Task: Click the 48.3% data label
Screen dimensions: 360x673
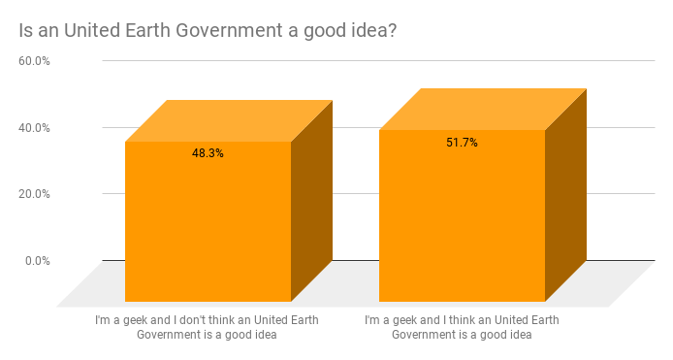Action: (208, 153)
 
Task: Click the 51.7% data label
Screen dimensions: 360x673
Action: (462, 143)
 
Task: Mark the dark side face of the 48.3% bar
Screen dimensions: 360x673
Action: (311, 199)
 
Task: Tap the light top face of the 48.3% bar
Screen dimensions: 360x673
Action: (229, 121)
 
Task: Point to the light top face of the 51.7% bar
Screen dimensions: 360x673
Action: (483, 110)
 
